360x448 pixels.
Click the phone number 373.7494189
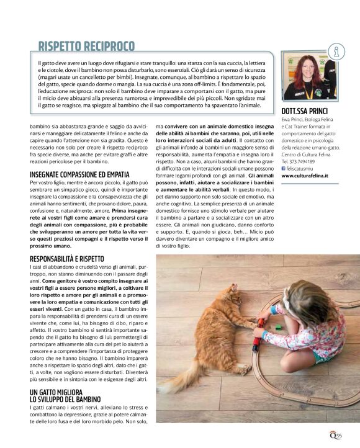(x=309, y=161)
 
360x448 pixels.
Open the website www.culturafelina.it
(x=305, y=176)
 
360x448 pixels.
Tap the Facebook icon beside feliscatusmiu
(x=284, y=168)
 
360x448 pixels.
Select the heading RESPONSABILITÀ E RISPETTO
(x=66, y=258)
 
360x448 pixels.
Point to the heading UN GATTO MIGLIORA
(x=56, y=392)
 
